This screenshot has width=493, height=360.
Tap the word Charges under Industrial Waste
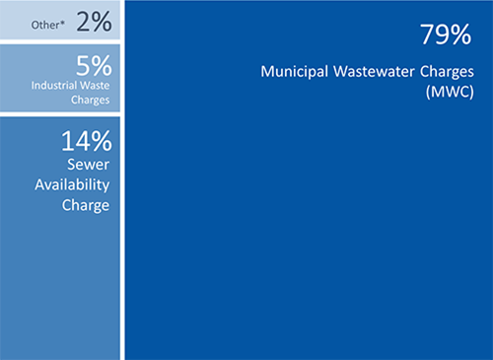point(90,100)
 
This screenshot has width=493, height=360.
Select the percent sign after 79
point(462,36)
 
